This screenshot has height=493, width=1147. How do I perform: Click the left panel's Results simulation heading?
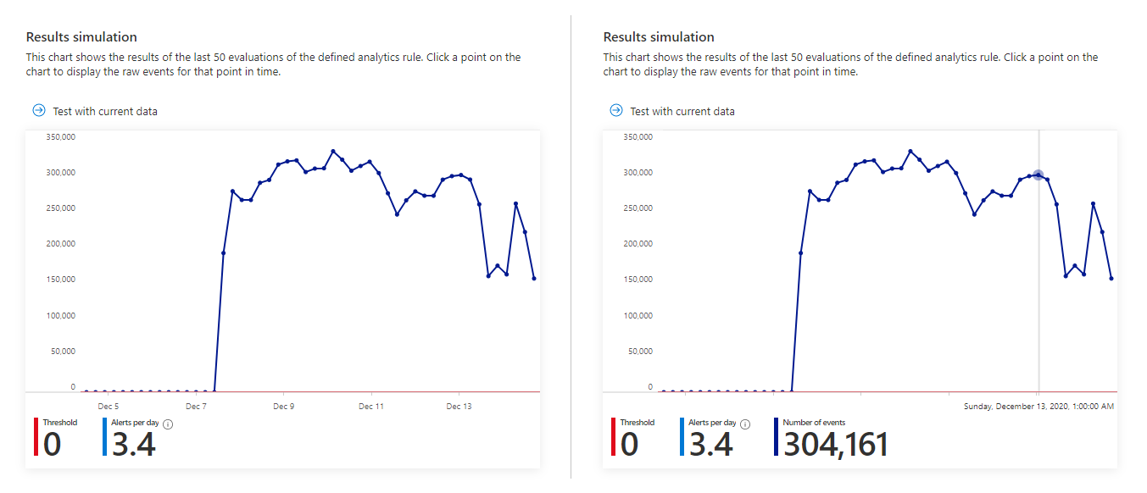point(81,37)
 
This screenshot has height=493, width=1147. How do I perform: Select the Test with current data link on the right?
point(682,111)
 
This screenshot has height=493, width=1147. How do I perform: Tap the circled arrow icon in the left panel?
point(38,111)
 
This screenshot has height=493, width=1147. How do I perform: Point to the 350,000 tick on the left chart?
point(60,136)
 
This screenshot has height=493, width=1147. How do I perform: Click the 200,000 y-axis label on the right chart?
point(637,244)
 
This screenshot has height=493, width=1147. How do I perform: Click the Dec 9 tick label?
point(284,407)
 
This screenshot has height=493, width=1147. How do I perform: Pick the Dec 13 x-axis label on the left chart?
point(459,407)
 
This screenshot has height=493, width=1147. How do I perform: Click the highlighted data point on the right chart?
point(1038,174)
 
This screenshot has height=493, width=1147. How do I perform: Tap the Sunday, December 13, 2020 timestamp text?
point(1038,407)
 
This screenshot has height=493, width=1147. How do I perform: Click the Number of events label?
point(814,423)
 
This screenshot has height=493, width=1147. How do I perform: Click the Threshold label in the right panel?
point(637,423)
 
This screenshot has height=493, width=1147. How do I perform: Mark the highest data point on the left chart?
point(333,151)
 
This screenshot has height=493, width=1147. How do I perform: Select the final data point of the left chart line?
point(534,278)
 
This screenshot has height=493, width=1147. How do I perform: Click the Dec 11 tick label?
point(371,407)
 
